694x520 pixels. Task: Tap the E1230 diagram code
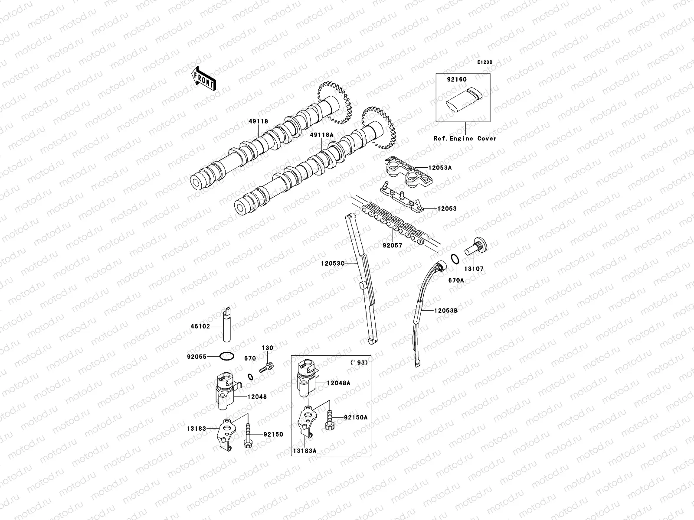[x=485, y=62]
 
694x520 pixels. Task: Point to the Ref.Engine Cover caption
[x=465, y=138]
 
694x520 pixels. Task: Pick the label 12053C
[x=333, y=263]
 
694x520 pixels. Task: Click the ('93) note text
[x=358, y=362]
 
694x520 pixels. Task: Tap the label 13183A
[x=304, y=451]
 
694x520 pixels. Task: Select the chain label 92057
[x=392, y=245]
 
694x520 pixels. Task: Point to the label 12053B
[x=446, y=311]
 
